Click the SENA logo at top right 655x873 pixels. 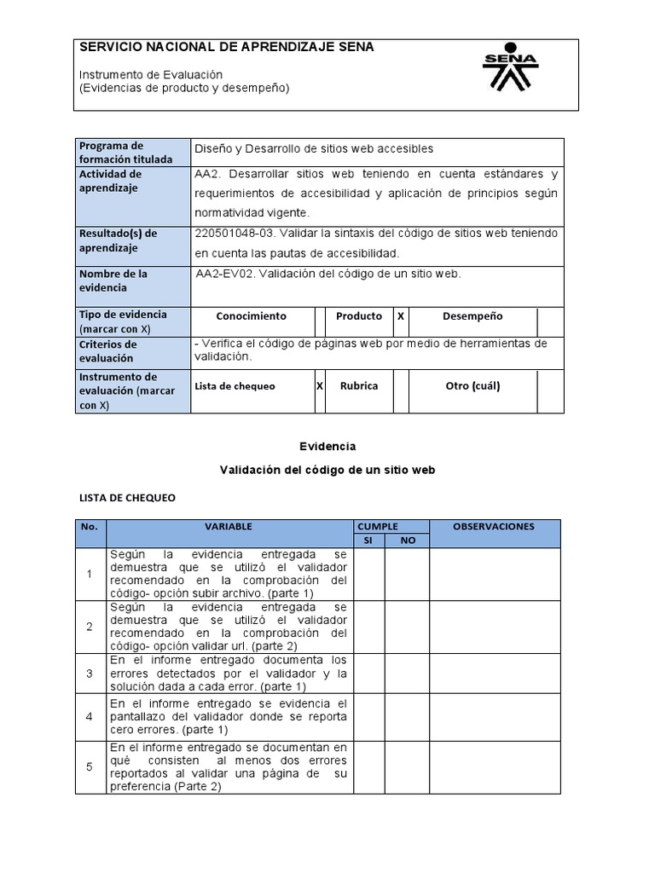(510, 67)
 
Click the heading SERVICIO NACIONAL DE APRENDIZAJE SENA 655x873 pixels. (226, 48)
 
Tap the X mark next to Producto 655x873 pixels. (400, 316)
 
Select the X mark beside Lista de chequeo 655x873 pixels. (320, 386)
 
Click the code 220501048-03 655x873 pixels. (234, 234)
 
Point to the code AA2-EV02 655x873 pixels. (224, 274)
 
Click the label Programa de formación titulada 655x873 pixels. (125, 153)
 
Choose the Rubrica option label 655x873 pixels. (359, 386)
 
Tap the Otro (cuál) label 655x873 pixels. (472, 386)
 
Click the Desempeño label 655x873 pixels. (472, 316)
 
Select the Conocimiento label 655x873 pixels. (252, 316)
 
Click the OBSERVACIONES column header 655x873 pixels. (494, 527)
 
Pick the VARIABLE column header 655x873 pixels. (229, 527)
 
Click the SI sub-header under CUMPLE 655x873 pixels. (368, 541)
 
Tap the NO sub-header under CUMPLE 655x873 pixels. (407, 541)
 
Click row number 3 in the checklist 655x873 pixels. (90, 674)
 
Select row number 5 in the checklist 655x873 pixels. (90, 766)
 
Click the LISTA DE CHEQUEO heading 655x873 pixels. (127, 498)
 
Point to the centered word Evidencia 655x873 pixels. (327, 446)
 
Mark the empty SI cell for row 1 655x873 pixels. (368, 574)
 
